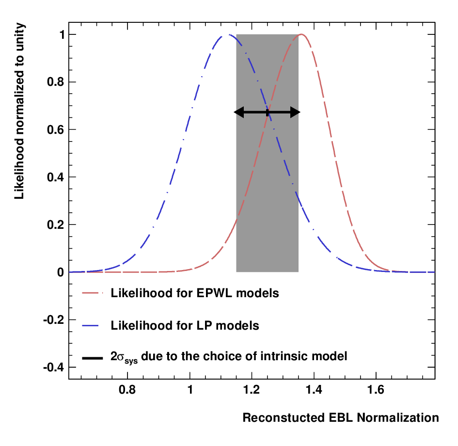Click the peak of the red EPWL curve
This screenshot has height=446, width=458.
[301, 34]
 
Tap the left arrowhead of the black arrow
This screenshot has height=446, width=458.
[239, 112]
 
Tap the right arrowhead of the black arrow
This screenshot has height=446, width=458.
[295, 112]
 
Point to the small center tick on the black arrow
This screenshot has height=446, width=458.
[267, 112]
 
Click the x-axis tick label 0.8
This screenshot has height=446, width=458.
[127, 390]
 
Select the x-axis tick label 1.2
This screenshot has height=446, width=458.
[252, 390]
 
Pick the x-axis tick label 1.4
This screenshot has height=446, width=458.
[314, 390]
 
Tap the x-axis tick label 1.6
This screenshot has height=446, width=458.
[376, 390]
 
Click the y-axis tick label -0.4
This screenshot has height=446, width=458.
[53, 367]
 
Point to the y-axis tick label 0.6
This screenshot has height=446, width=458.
[56, 130]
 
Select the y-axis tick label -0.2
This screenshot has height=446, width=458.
[53, 320]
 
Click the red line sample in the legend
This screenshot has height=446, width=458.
[93, 293]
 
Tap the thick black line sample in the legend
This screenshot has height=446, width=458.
[93, 358]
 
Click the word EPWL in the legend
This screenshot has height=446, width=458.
[214, 293]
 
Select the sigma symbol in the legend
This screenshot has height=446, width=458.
[121, 357]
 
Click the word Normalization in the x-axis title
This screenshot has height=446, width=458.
[398, 418]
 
